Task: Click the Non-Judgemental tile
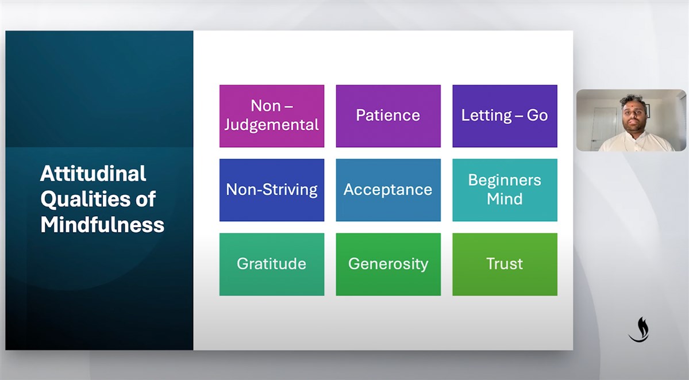(272, 116)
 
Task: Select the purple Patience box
(388, 116)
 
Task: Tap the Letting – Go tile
(505, 116)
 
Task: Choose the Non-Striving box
(272, 190)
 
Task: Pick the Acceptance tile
(388, 190)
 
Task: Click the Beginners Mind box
(505, 190)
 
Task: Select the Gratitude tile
(272, 264)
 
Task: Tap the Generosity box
(388, 264)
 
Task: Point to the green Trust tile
(505, 264)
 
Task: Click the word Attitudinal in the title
(93, 174)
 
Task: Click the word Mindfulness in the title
(102, 225)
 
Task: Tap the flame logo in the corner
(640, 329)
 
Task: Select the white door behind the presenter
(605, 128)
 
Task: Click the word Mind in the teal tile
(505, 199)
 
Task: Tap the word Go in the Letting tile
(537, 115)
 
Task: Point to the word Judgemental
(272, 125)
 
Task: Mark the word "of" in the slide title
(145, 199)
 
